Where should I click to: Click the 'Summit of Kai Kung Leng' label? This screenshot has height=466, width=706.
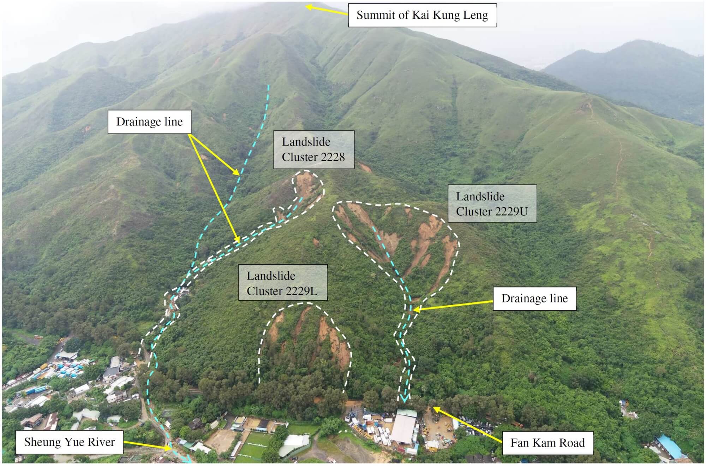point(422,15)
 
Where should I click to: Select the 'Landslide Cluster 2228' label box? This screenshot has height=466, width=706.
point(313,149)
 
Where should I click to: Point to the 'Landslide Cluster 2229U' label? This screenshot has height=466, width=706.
point(492,204)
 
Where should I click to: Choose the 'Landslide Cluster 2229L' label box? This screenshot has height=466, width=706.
point(282,283)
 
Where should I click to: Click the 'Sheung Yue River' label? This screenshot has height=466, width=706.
point(69,442)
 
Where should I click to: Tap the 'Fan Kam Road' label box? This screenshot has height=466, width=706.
point(548,443)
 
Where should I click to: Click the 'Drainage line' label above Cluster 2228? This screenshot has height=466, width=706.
point(149,122)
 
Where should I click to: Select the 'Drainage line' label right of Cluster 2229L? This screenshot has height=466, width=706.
point(534,299)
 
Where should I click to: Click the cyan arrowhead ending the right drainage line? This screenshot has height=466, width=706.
point(404,398)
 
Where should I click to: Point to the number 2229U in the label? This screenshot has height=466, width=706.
point(509,212)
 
